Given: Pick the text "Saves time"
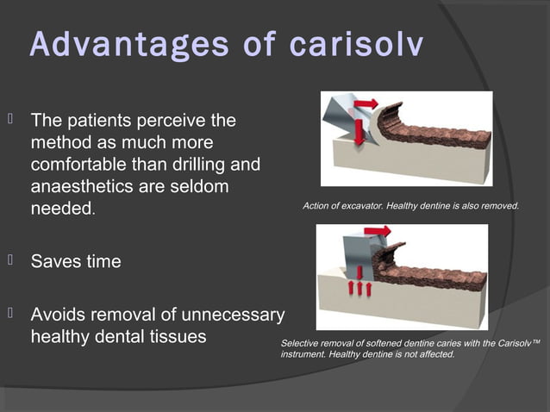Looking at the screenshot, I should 76,261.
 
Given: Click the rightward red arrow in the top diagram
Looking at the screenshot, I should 366,104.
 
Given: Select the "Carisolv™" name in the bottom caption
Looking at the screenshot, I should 517,343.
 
